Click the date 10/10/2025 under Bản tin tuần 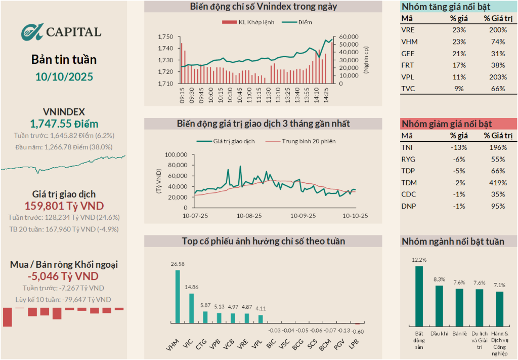pyautogui.click(x=64, y=76)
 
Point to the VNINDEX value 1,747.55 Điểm pyautogui.click(x=64, y=124)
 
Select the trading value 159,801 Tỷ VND pyautogui.click(x=64, y=206)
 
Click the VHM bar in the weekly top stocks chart pyautogui.click(x=178, y=296)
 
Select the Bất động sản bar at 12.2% pyautogui.click(x=419, y=295)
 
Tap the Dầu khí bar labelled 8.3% pyautogui.click(x=439, y=304)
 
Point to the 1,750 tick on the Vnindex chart pyautogui.click(x=165, y=37)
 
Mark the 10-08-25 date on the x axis pyautogui.click(x=249, y=215)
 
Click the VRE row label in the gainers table pyautogui.click(x=407, y=30)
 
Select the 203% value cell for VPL pyautogui.click(x=498, y=77)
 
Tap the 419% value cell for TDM pyautogui.click(x=498, y=182)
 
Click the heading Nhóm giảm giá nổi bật pyautogui.click(x=439, y=124)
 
